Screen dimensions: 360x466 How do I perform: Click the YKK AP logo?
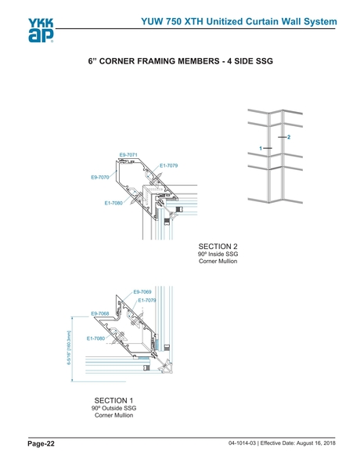[x=41, y=31]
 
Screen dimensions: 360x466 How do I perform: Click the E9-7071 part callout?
[x=128, y=155]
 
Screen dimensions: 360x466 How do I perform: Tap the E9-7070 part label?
[x=100, y=178]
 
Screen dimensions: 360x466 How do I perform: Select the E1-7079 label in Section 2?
[x=169, y=165]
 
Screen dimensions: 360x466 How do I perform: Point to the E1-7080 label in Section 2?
[x=113, y=203]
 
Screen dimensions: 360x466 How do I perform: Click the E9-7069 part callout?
[x=142, y=292]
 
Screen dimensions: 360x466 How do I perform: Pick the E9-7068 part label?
[x=100, y=313]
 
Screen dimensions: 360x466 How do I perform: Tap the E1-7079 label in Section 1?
[x=147, y=300]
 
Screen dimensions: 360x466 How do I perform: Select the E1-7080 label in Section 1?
[x=95, y=338]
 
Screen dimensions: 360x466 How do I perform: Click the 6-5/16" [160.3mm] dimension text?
[x=69, y=348]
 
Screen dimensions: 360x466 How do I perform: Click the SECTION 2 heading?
[x=218, y=247]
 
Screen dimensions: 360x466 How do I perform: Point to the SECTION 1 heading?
[x=113, y=400]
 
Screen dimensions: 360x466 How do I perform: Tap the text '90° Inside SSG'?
[x=218, y=254]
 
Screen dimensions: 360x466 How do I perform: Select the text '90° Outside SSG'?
[x=113, y=408]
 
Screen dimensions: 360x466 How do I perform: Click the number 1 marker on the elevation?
[x=261, y=148]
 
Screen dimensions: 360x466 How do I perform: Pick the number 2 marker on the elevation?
[x=289, y=137]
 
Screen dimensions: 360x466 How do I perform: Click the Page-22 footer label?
[x=41, y=444]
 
